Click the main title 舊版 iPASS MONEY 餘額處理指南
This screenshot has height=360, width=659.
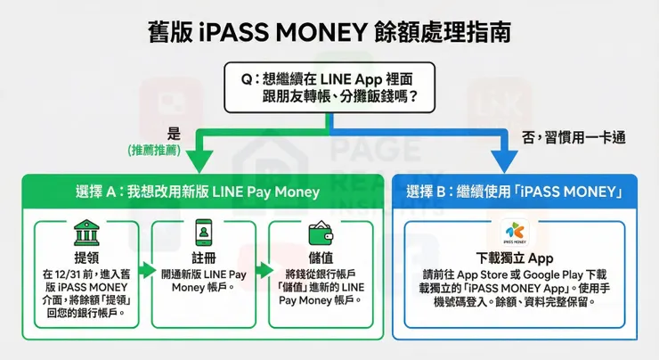coord(329,33)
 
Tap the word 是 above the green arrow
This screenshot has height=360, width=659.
coord(175,134)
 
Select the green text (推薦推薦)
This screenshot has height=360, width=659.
coord(153,151)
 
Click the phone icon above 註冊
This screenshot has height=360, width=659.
coord(205,233)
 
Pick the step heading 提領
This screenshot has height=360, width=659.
coord(85,257)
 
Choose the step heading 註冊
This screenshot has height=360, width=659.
coord(205,257)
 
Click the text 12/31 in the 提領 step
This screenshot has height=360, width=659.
coord(64,274)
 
